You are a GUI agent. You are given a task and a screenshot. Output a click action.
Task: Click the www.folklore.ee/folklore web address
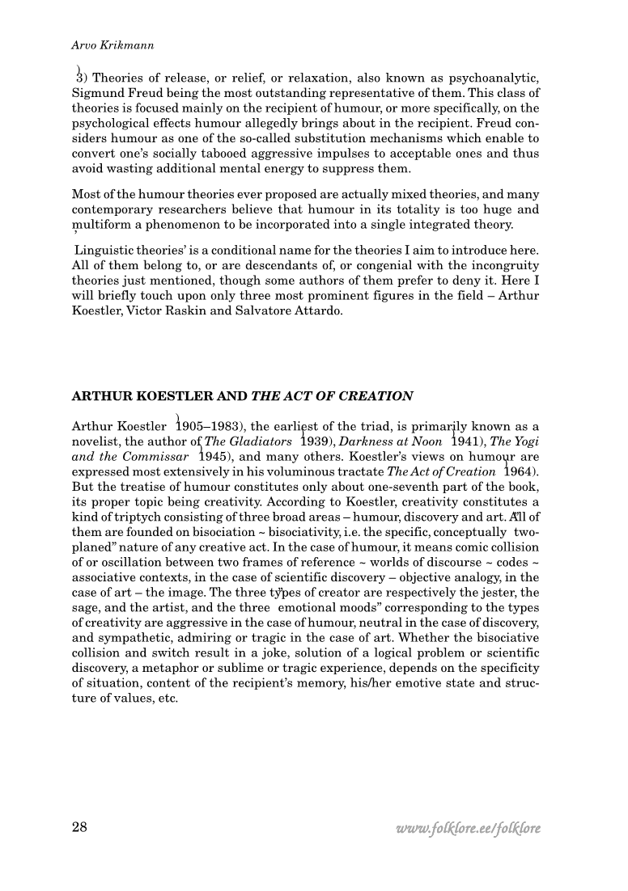pos(468,829)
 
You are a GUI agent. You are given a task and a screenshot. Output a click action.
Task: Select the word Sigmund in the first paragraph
pos(96,93)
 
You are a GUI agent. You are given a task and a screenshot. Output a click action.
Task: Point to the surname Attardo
pos(318,308)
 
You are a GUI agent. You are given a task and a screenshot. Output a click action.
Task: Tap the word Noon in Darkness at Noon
pos(429,441)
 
